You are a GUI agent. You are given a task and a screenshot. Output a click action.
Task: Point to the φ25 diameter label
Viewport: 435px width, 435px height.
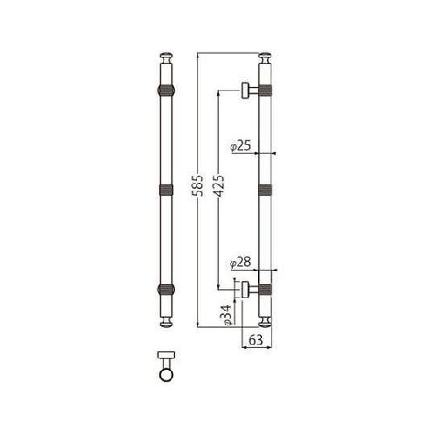coord(240,146)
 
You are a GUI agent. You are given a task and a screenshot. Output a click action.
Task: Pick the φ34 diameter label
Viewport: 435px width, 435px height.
coord(224,313)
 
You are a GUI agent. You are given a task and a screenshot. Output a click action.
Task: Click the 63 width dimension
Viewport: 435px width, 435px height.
coord(256,340)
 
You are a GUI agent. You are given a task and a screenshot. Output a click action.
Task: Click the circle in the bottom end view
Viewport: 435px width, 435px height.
coord(166,375)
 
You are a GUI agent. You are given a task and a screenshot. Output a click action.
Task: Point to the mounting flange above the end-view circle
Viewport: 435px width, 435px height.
coord(166,356)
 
